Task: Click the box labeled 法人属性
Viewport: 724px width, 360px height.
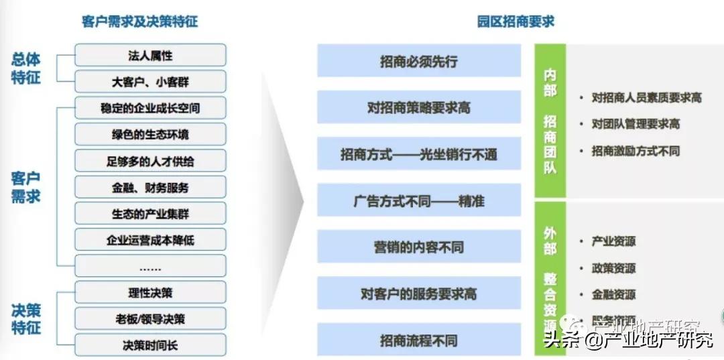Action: coord(150,56)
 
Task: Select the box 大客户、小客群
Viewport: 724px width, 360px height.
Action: coord(150,82)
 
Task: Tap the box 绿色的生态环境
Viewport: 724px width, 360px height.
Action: coord(150,134)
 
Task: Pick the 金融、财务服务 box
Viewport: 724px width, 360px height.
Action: coord(150,188)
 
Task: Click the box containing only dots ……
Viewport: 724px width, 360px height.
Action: coord(150,267)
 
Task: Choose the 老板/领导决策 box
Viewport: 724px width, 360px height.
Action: coord(150,319)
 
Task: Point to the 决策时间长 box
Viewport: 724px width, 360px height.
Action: coord(150,345)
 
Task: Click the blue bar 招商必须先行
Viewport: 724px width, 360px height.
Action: coord(419,61)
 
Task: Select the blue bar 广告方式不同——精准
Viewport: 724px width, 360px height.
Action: coord(419,200)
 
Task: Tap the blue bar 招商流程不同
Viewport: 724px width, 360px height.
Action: coord(419,340)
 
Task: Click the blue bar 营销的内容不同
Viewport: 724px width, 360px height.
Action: coord(419,247)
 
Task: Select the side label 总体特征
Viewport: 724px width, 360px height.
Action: coord(26,68)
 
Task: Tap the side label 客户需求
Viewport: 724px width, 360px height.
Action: coord(26,187)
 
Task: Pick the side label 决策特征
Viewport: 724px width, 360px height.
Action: coord(26,318)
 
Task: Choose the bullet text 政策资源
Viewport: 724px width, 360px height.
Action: coord(613,268)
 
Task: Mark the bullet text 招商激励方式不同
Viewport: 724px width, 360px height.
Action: coord(635,151)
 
